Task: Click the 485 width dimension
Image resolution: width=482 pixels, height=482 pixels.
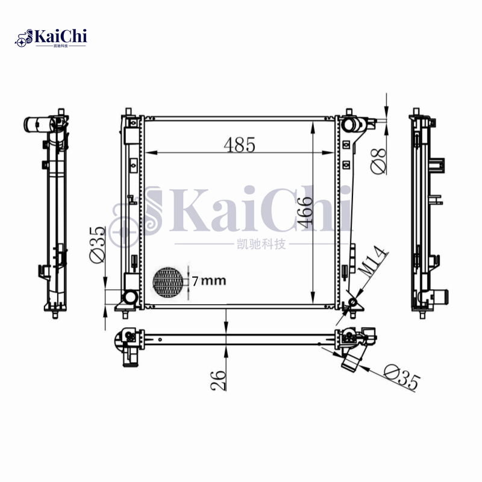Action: (x=240, y=145)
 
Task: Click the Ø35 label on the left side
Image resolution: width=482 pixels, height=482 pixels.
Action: (x=97, y=244)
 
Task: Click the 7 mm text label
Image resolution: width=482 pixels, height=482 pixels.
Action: (x=208, y=281)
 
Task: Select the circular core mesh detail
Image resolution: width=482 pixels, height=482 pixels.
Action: (x=167, y=281)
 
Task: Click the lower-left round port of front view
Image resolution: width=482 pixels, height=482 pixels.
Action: (x=129, y=297)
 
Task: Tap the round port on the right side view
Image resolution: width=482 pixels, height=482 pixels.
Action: (x=443, y=296)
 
